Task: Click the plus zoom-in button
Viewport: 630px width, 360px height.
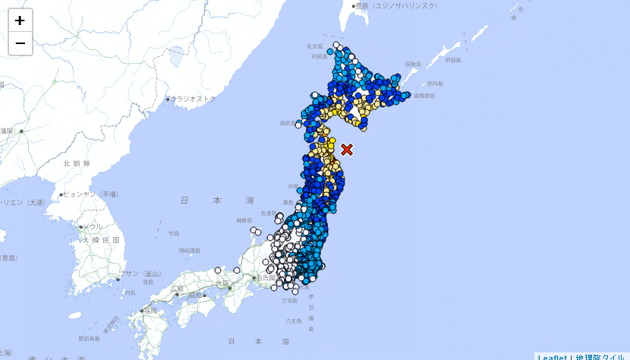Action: click(20, 21)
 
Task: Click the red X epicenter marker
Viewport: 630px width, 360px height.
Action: click(347, 150)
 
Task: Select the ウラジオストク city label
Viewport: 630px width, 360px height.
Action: click(194, 99)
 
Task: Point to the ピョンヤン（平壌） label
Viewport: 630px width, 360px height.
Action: click(91, 194)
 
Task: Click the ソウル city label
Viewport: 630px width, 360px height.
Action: click(92, 226)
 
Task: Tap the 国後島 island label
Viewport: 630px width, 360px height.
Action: click(413, 65)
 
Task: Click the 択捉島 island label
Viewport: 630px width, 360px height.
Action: click(453, 59)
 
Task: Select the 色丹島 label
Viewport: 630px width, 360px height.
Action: click(435, 83)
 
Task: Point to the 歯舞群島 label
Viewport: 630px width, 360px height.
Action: click(424, 96)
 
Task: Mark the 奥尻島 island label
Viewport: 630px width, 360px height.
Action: click(287, 122)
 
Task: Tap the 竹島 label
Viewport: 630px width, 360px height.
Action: click(175, 233)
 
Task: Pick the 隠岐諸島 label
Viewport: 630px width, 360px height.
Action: click(190, 251)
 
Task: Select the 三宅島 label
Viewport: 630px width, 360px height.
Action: click(289, 301)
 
